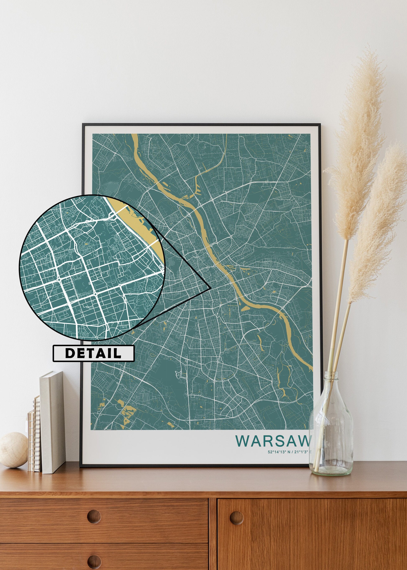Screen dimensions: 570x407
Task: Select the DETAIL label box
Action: tap(93, 353)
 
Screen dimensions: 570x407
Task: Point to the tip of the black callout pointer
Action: tap(209, 289)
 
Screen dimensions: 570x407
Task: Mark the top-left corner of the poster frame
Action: tap(83, 124)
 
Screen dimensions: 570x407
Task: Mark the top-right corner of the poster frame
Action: tap(320, 124)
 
